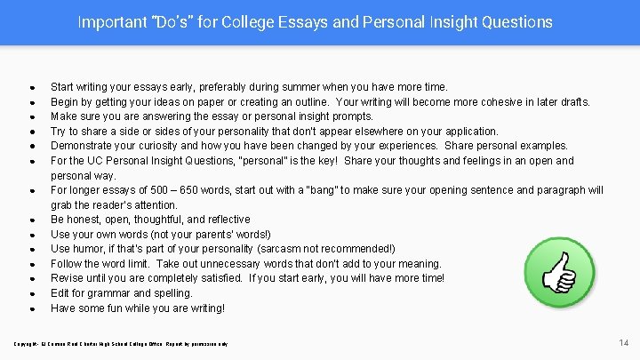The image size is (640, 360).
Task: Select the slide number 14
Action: [624, 342]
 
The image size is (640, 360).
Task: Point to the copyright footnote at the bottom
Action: [119, 343]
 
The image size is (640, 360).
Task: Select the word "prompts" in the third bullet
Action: [352, 116]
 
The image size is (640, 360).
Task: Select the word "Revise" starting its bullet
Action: [67, 278]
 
